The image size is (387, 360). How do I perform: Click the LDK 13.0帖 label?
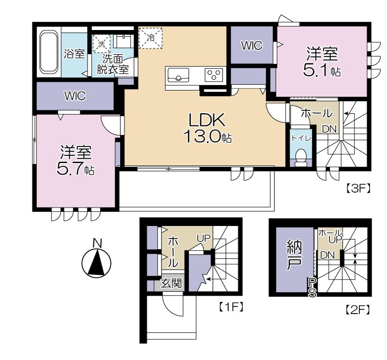[x=208, y=128]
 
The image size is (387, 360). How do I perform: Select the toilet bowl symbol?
[x=301, y=158]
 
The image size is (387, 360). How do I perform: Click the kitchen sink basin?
[x=178, y=75]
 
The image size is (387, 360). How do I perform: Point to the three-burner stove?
[x=214, y=75]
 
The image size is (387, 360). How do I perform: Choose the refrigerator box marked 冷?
[x=150, y=38]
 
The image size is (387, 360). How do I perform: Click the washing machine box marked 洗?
[x=102, y=44]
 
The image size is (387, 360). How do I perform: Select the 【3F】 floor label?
[x=358, y=189]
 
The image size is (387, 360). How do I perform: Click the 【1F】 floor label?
[x=231, y=307]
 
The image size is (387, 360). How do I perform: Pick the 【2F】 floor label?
[x=357, y=309]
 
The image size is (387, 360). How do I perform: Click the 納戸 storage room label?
[x=294, y=256]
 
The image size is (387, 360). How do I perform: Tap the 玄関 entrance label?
[x=171, y=284]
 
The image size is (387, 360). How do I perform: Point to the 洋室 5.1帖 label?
[x=322, y=62]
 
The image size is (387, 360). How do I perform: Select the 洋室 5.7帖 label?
[x=75, y=161]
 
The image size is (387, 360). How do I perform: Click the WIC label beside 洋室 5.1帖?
[x=252, y=45]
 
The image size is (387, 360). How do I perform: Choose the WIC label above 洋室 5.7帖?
[x=75, y=96]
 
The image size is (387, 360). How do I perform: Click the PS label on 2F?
[x=312, y=287]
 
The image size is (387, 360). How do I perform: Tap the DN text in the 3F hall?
[x=329, y=129]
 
